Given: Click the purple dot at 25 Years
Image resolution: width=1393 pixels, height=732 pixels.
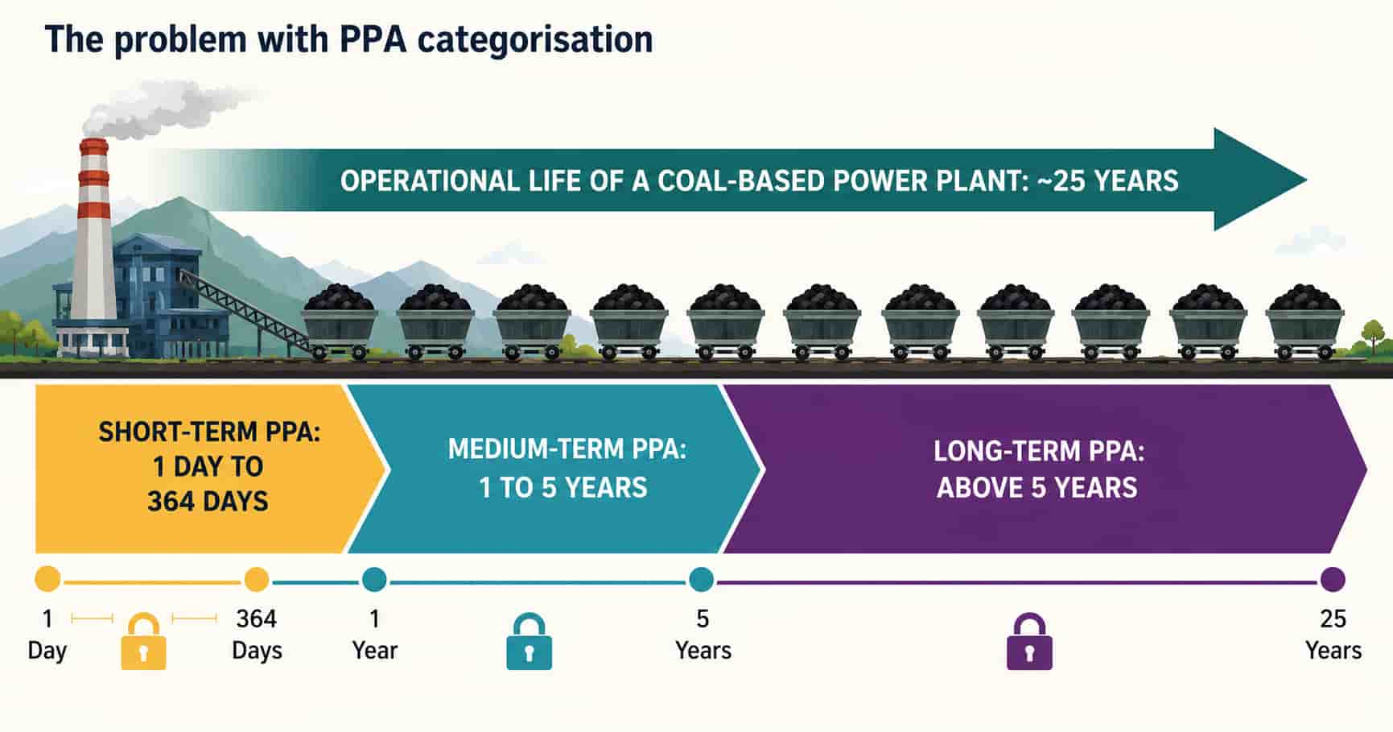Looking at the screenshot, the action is (1333, 579).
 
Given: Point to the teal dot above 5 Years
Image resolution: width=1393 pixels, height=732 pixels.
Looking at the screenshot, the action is (702, 579).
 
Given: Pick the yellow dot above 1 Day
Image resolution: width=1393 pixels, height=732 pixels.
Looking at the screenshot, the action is (47, 579).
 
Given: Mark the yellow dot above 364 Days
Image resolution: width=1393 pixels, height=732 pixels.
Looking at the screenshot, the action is (256, 579).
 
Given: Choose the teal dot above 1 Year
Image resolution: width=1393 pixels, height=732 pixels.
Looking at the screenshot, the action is (374, 579).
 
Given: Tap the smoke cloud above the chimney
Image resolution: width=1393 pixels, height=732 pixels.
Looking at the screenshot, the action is (169, 109).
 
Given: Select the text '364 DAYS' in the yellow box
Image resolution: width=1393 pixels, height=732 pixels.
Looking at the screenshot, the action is (208, 502).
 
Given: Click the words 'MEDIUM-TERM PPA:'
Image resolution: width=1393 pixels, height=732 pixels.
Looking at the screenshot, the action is (567, 449).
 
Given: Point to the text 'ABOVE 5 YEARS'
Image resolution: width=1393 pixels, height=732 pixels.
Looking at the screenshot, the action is (1037, 487).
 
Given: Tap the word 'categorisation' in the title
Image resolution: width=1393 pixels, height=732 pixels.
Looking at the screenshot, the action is (534, 39).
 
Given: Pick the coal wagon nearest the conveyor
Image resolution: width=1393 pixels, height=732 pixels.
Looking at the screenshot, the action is (339, 322).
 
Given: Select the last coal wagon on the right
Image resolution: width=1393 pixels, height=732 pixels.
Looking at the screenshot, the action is (1304, 322).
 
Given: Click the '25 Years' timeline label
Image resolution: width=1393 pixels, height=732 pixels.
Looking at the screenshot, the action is (1333, 635).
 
